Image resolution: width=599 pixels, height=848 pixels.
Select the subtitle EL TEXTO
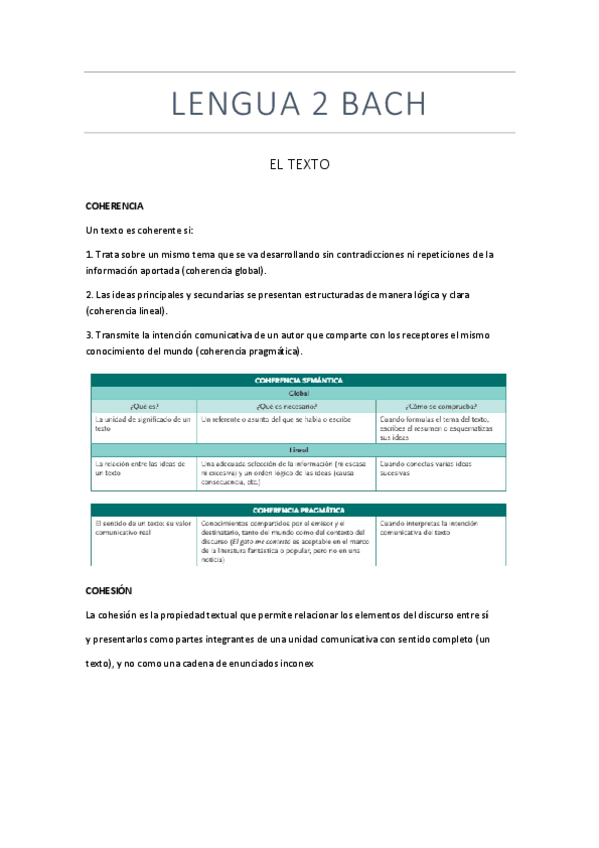(299, 163)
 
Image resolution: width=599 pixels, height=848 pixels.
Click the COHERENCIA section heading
(115, 206)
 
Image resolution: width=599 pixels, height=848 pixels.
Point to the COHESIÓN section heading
(109, 591)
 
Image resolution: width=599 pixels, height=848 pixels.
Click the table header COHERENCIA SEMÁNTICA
(299, 380)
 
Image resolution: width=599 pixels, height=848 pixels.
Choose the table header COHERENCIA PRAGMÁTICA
(299, 509)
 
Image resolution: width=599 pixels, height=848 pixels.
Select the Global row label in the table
(299, 393)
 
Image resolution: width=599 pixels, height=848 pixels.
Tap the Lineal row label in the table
(299, 451)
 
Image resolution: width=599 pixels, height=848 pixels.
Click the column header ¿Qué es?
(143, 406)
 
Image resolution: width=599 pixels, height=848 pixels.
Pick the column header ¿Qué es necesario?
(286, 406)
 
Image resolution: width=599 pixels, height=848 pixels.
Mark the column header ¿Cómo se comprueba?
(441, 406)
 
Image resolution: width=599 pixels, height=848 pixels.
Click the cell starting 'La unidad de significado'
(142, 424)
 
